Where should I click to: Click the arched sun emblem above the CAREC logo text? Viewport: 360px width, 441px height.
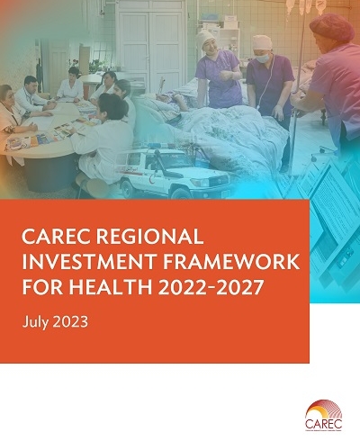[x=324, y=407]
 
